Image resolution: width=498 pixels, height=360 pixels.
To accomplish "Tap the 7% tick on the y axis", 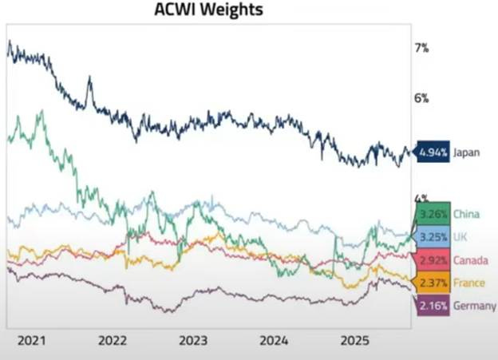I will (421, 48).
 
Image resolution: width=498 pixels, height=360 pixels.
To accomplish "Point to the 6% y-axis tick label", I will (421, 98).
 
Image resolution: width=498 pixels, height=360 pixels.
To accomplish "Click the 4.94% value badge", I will (431, 152).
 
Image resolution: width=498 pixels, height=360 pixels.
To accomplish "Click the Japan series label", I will (466, 152).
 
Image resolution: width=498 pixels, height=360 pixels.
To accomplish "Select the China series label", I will (466, 214).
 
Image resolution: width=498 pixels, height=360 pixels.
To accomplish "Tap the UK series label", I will (460, 237).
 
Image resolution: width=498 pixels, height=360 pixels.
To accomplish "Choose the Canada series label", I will (470, 260).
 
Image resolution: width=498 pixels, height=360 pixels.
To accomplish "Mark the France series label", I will (468, 283).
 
